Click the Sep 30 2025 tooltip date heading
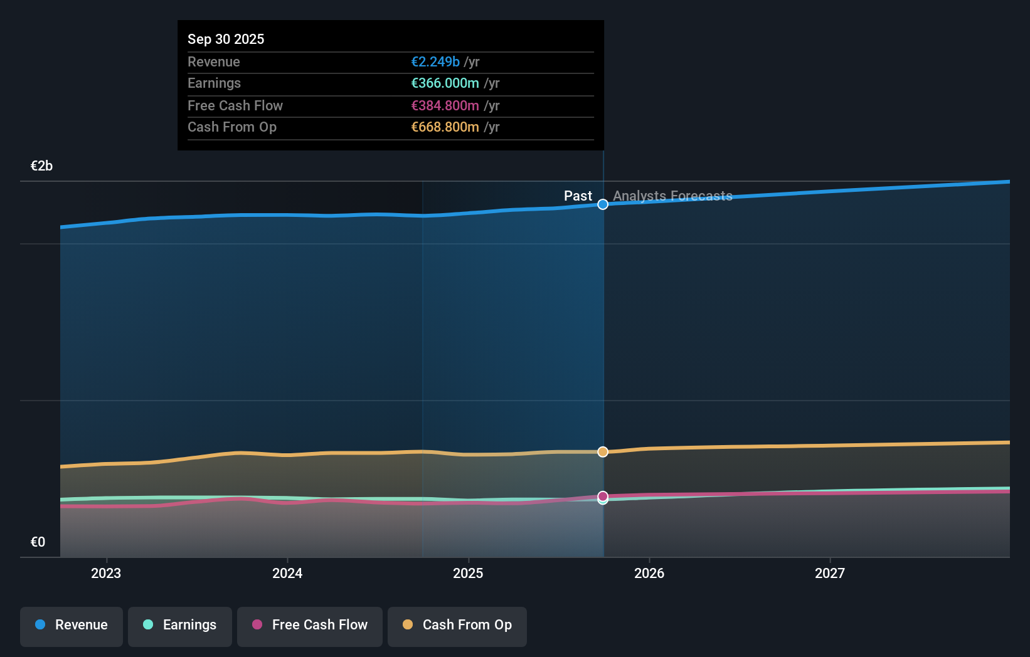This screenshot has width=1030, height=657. [x=226, y=39]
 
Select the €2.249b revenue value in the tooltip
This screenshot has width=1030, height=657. [x=435, y=61]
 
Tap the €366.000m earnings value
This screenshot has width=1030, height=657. [x=445, y=83]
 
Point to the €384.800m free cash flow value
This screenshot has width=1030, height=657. [x=445, y=105]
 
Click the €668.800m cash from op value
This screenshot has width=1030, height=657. [x=445, y=127]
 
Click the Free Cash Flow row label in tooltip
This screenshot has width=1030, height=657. [x=235, y=105]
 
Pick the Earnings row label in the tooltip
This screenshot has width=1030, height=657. [x=214, y=83]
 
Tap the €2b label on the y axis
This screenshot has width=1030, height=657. [x=41, y=166]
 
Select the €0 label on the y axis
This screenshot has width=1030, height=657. [x=38, y=542]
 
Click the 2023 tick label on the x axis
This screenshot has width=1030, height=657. [x=106, y=573]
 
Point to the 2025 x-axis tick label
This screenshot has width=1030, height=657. [x=468, y=573]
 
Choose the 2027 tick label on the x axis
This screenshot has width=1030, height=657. [x=829, y=573]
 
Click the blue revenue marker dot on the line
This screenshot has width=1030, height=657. [x=603, y=204]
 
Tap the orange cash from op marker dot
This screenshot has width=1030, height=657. [x=603, y=452]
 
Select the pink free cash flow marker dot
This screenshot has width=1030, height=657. [x=603, y=496]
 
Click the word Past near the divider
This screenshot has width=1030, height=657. [x=578, y=196]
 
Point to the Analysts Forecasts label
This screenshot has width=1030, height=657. [x=672, y=196]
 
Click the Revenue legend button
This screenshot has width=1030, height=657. [x=72, y=625]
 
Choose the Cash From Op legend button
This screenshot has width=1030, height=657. [x=457, y=625]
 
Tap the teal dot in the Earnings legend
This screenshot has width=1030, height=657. [x=148, y=624]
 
